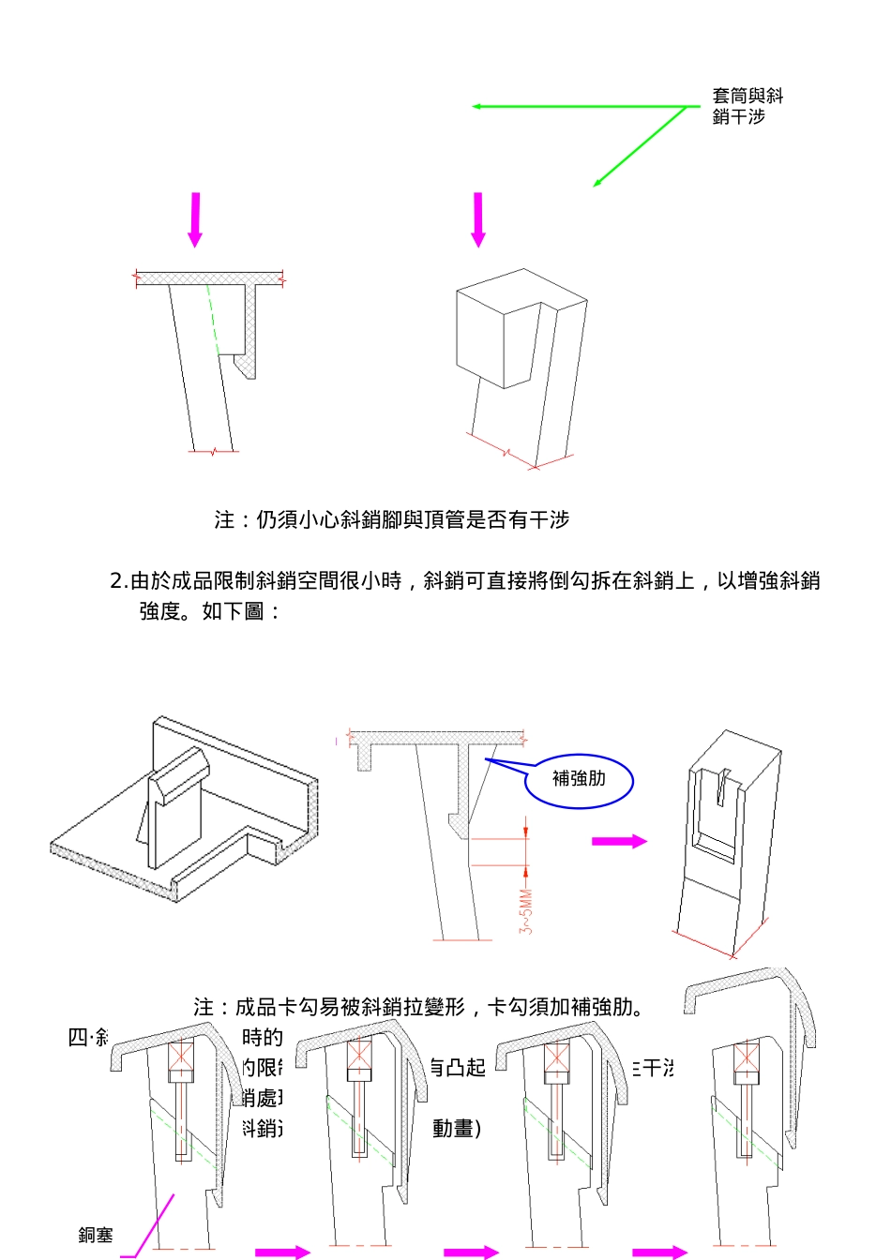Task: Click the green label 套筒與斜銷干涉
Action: [x=747, y=106]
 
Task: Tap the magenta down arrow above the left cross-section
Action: [x=195, y=219]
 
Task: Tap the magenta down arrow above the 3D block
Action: [x=478, y=219]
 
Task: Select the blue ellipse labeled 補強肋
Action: [x=579, y=780]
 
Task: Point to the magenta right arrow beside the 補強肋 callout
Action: [x=619, y=841]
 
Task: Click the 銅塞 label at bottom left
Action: [x=95, y=1235]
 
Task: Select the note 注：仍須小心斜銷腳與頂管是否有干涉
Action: [x=391, y=519]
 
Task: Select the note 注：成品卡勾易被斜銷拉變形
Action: [x=418, y=1007]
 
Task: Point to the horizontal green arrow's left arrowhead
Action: [x=476, y=107]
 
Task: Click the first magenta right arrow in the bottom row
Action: [x=282, y=1252]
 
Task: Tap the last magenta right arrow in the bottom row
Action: [x=660, y=1252]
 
